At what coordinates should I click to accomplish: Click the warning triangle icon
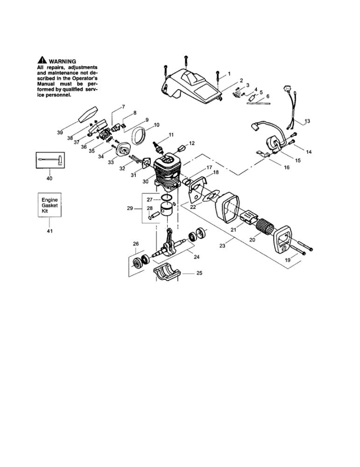click(42, 60)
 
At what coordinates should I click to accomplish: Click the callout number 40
click(49, 178)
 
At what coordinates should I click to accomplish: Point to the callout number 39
click(60, 133)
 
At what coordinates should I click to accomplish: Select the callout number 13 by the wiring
click(307, 122)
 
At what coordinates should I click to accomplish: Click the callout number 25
click(199, 273)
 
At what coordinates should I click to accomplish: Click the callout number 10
click(157, 125)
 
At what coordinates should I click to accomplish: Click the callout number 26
click(136, 243)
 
